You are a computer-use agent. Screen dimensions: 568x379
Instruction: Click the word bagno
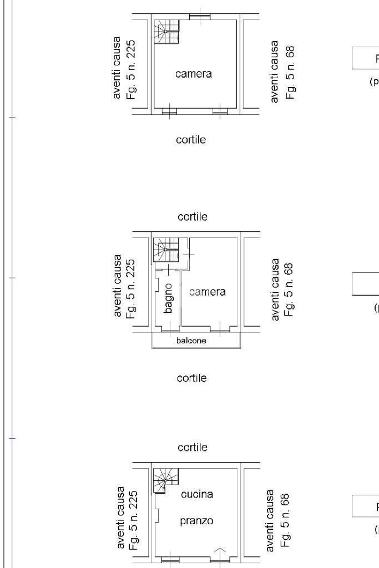[x=169, y=297]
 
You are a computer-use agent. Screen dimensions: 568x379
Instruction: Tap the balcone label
[x=191, y=341]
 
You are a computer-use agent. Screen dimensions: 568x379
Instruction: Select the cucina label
[x=197, y=494]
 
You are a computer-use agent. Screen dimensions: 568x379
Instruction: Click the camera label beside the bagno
[x=208, y=292]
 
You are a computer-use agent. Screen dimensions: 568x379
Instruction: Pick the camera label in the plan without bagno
[x=194, y=73]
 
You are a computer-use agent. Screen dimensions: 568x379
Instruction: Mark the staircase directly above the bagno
[x=166, y=250]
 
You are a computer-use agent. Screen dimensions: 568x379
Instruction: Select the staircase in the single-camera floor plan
[x=166, y=33]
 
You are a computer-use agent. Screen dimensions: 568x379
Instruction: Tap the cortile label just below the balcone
[x=191, y=378]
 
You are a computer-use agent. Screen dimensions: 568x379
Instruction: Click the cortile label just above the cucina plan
[x=193, y=447]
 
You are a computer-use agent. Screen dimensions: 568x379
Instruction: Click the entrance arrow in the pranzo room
[x=220, y=555]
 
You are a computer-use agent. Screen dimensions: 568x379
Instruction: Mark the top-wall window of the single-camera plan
[x=199, y=16]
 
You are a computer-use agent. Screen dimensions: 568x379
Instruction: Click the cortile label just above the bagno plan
[x=193, y=217]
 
